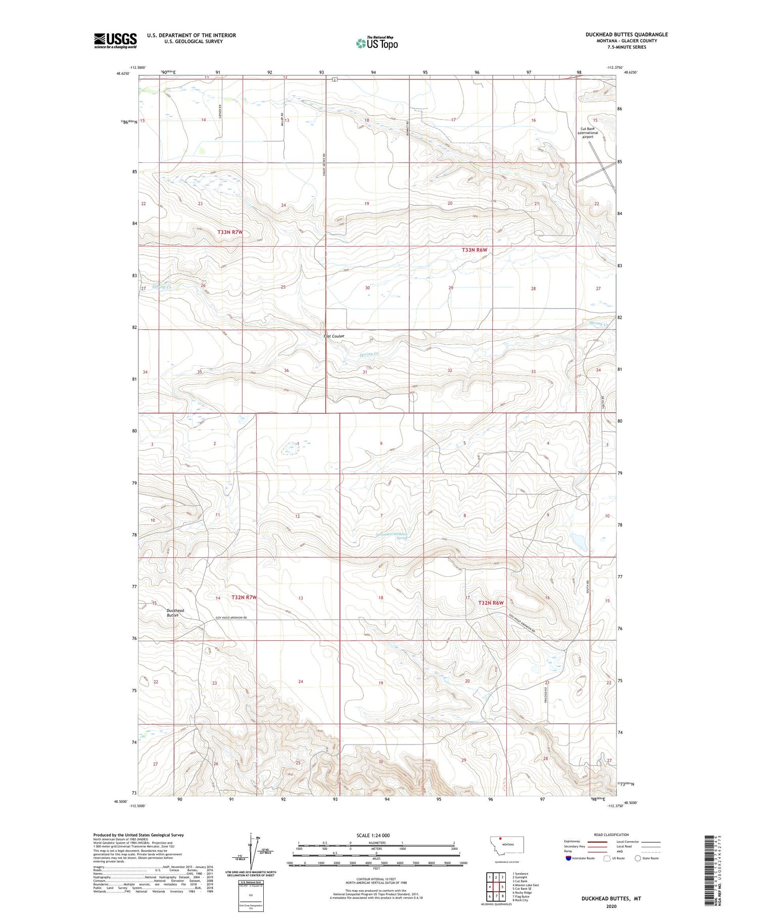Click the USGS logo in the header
click(x=115, y=40)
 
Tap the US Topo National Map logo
click(x=377, y=43)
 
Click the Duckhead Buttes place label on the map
click(x=175, y=613)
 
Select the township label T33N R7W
click(x=230, y=232)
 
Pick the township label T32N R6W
click(x=491, y=603)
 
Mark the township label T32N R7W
click(x=244, y=597)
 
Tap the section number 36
click(x=287, y=371)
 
